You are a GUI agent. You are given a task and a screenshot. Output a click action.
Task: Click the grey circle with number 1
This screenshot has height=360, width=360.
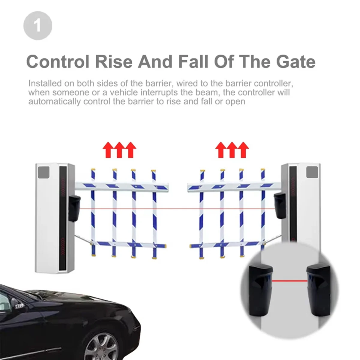click(38, 25)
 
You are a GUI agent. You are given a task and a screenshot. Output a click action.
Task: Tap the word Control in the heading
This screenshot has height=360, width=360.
click(58, 61)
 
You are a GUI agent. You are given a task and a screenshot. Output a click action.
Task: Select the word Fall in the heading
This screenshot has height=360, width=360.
click(193, 61)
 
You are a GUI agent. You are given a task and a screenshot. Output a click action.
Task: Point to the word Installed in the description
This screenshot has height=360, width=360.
click(45, 83)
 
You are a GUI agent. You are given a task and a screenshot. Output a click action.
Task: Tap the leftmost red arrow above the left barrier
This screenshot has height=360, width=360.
click(108, 150)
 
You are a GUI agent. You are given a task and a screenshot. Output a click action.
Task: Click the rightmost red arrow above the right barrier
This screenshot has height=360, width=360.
click(243, 150)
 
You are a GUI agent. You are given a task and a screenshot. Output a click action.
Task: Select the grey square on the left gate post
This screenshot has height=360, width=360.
click(43, 172)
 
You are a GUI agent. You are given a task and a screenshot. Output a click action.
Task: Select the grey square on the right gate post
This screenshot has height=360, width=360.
click(312, 172)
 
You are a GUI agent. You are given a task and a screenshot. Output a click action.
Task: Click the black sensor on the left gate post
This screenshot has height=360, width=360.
click(74, 208)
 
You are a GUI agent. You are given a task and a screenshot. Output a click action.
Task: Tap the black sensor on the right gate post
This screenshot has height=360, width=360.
click(280, 206)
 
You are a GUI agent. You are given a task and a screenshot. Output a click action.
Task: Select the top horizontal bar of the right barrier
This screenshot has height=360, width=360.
click(234, 186)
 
